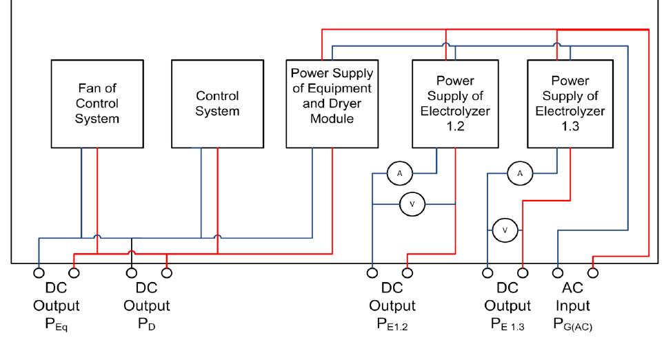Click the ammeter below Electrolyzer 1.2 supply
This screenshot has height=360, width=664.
click(399, 174)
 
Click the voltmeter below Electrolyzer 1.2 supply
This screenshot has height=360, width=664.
click(413, 203)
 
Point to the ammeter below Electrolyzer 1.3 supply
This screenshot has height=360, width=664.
click(520, 174)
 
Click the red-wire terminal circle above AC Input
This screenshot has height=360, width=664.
click(592, 271)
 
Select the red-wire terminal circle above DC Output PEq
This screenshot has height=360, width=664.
click(74, 271)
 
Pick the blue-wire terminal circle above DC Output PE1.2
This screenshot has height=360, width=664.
click(372, 271)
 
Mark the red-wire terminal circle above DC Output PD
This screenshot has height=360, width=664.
click(165, 271)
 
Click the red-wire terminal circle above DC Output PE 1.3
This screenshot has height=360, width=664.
click(522, 271)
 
